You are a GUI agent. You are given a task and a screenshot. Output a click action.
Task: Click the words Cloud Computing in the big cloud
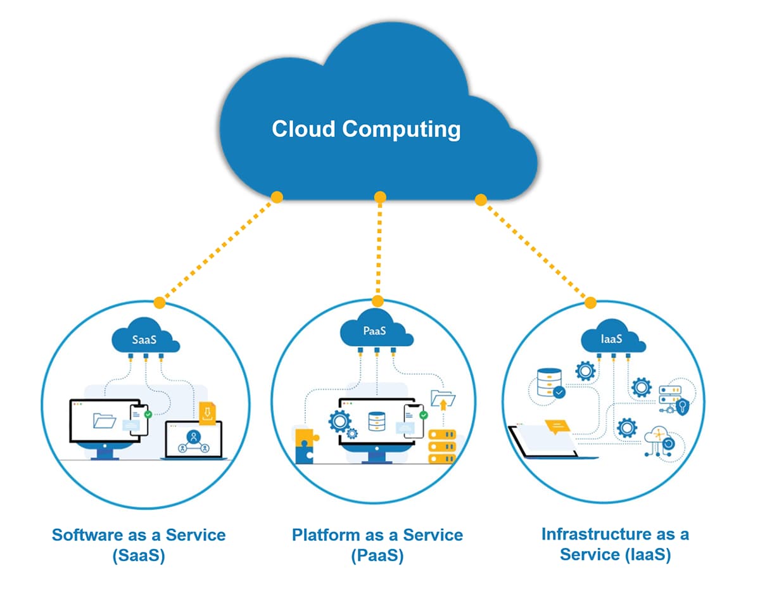pos(366,129)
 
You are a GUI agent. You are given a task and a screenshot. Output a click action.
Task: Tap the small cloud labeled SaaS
pos(144,340)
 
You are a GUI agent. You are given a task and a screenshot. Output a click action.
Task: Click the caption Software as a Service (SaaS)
pos(138,545)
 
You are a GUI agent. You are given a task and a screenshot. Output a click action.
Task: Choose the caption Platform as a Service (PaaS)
pos(377,545)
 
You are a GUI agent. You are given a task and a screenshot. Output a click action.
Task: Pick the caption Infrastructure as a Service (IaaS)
pos(615,544)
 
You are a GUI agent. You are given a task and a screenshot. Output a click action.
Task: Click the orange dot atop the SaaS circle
pos(160,303)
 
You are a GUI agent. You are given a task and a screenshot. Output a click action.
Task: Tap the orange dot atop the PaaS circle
pos(377,301)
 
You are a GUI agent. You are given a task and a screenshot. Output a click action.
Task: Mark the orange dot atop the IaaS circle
pos(590,303)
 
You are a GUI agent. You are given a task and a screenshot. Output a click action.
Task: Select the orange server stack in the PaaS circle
pos(442,447)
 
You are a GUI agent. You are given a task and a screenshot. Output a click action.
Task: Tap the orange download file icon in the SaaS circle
pos(208,413)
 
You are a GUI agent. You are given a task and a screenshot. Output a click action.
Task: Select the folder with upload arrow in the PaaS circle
pos(443,401)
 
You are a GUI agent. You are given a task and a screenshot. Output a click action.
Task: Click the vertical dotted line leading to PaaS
pos(379,247)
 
